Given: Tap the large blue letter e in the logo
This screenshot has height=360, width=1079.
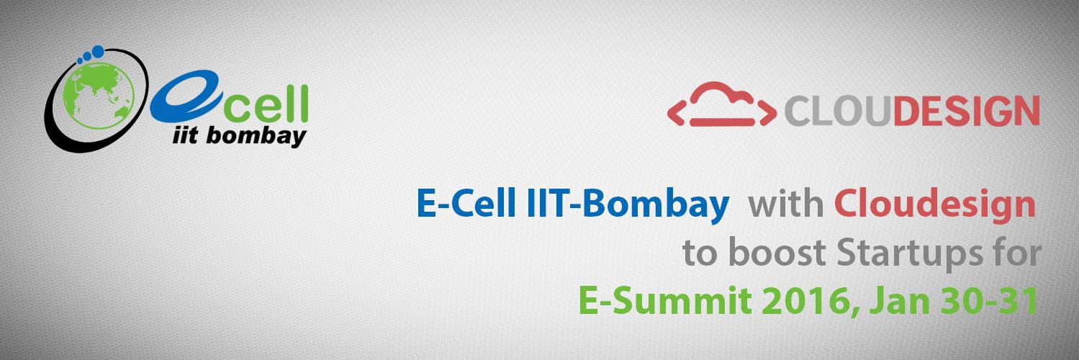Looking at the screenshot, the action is (x=186, y=96).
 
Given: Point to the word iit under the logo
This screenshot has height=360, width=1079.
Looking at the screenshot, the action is (x=185, y=135).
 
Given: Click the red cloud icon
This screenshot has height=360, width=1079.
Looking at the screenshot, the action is (x=721, y=104).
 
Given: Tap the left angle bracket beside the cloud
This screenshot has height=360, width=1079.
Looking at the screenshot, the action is (x=675, y=112).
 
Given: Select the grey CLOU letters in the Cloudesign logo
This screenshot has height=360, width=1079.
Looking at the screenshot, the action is (x=839, y=112).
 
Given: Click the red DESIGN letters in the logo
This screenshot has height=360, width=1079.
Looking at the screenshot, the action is (x=966, y=112).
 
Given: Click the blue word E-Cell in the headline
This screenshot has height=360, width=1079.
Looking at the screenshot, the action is (x=466, y=203).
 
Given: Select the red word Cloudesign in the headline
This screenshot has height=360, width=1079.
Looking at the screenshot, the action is (x=935, y=206).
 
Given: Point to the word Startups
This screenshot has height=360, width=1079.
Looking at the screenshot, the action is (x=909, y=255).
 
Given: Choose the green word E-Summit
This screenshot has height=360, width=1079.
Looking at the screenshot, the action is (x=664, y=301).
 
